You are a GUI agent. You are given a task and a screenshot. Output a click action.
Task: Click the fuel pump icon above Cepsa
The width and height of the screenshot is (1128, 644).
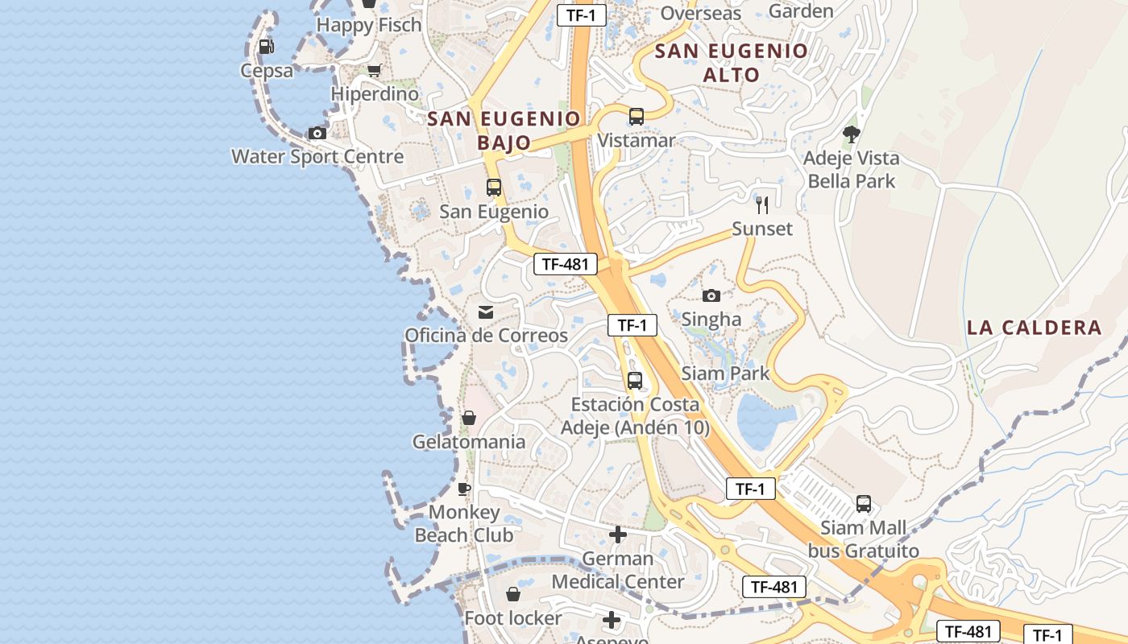pos(266,47)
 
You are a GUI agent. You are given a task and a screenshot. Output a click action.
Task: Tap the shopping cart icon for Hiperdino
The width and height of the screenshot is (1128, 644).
pos(374,71)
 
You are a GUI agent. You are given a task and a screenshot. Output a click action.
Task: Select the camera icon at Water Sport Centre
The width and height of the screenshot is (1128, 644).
pos(317,133)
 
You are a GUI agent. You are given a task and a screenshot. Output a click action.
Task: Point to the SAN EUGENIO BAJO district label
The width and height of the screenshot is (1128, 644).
pos(504,130)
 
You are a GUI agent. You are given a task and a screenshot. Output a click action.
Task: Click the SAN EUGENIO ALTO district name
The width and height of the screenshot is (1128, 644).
pos(731,63)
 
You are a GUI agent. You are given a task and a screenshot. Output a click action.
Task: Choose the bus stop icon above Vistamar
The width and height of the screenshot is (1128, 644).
pos(637,117)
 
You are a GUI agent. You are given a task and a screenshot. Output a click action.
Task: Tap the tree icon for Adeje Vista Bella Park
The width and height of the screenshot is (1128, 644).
pos(851,134)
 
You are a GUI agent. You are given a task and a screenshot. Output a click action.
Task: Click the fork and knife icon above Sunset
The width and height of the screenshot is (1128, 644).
pos(762,204)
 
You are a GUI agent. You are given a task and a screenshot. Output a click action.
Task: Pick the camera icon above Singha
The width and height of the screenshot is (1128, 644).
pos(711,295)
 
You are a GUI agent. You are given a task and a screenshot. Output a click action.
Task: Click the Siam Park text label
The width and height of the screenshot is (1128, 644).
pos(725,374)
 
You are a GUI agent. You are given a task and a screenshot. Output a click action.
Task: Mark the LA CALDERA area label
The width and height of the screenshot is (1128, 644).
pos(1034,328)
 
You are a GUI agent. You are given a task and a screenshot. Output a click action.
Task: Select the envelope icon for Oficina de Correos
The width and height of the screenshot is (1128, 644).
pos(486,312)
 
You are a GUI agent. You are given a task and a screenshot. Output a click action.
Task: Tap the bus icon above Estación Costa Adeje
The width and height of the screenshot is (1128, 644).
pos(635,381)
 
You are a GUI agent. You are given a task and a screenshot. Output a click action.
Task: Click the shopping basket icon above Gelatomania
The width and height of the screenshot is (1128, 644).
pos(468,418)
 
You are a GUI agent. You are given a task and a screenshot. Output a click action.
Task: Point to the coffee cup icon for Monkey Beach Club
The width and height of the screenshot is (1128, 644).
pos(464,489)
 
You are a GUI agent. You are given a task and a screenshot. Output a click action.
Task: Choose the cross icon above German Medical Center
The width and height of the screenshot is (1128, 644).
pos(618,535)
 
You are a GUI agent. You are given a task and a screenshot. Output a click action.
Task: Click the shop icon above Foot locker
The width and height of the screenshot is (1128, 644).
pos(513,595)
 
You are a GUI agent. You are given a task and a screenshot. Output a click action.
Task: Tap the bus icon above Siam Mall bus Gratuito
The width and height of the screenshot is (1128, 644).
pos(864,504)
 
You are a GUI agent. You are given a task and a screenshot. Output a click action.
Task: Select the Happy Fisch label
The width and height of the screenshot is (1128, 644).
pos(369,25)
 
